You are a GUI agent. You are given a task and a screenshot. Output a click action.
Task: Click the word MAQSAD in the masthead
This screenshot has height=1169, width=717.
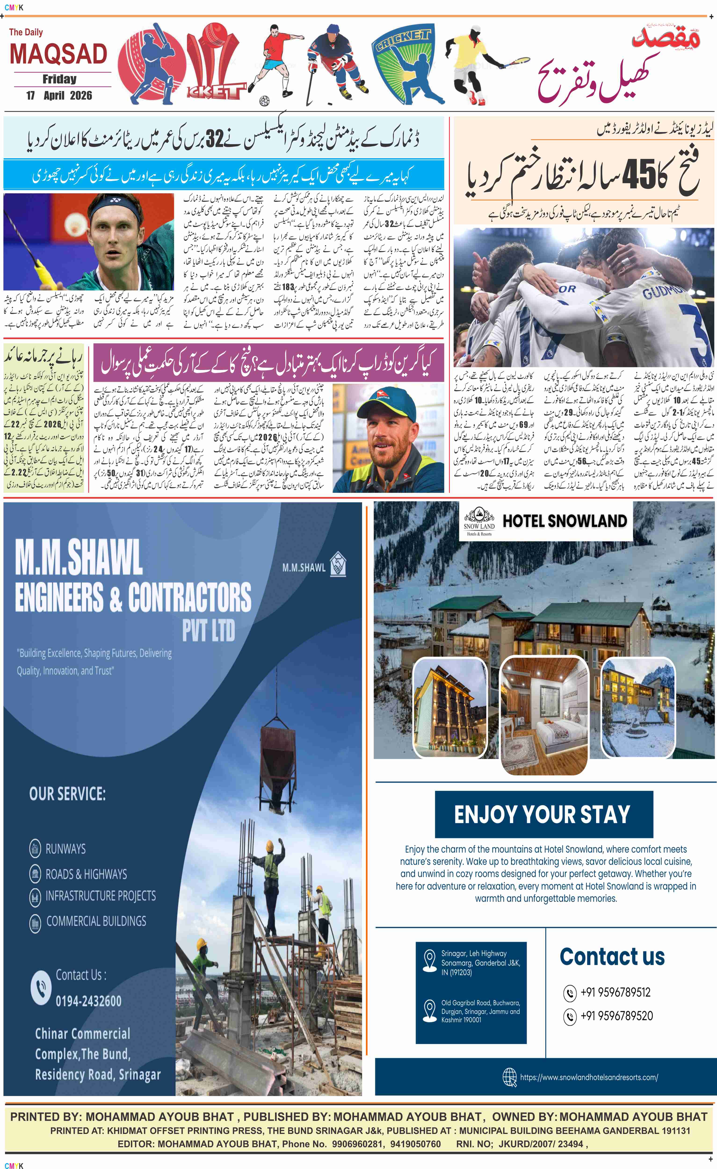[x=58, y=54]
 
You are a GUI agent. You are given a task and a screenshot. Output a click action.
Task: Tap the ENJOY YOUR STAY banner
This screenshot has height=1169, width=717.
[x=543, y=814]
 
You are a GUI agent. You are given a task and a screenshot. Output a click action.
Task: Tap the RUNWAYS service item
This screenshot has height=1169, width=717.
[x=65, y=849]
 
